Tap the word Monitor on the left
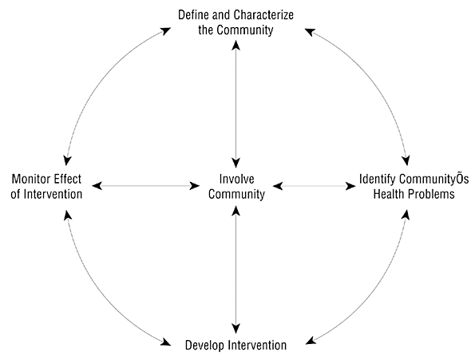point(31,180)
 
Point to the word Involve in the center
point(237,179)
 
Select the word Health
point(387,194)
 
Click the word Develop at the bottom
point(204,346)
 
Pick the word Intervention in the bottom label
point(257,346)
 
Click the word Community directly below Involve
point(237,194)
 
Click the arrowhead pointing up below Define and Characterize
point(236,45)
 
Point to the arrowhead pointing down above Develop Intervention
point(236,328)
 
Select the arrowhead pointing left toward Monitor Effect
point(97,186)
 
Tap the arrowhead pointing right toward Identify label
point(350,186)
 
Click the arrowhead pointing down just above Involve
point(236,162)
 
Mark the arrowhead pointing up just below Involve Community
point(236,212)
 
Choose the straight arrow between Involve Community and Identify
point(315,186)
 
